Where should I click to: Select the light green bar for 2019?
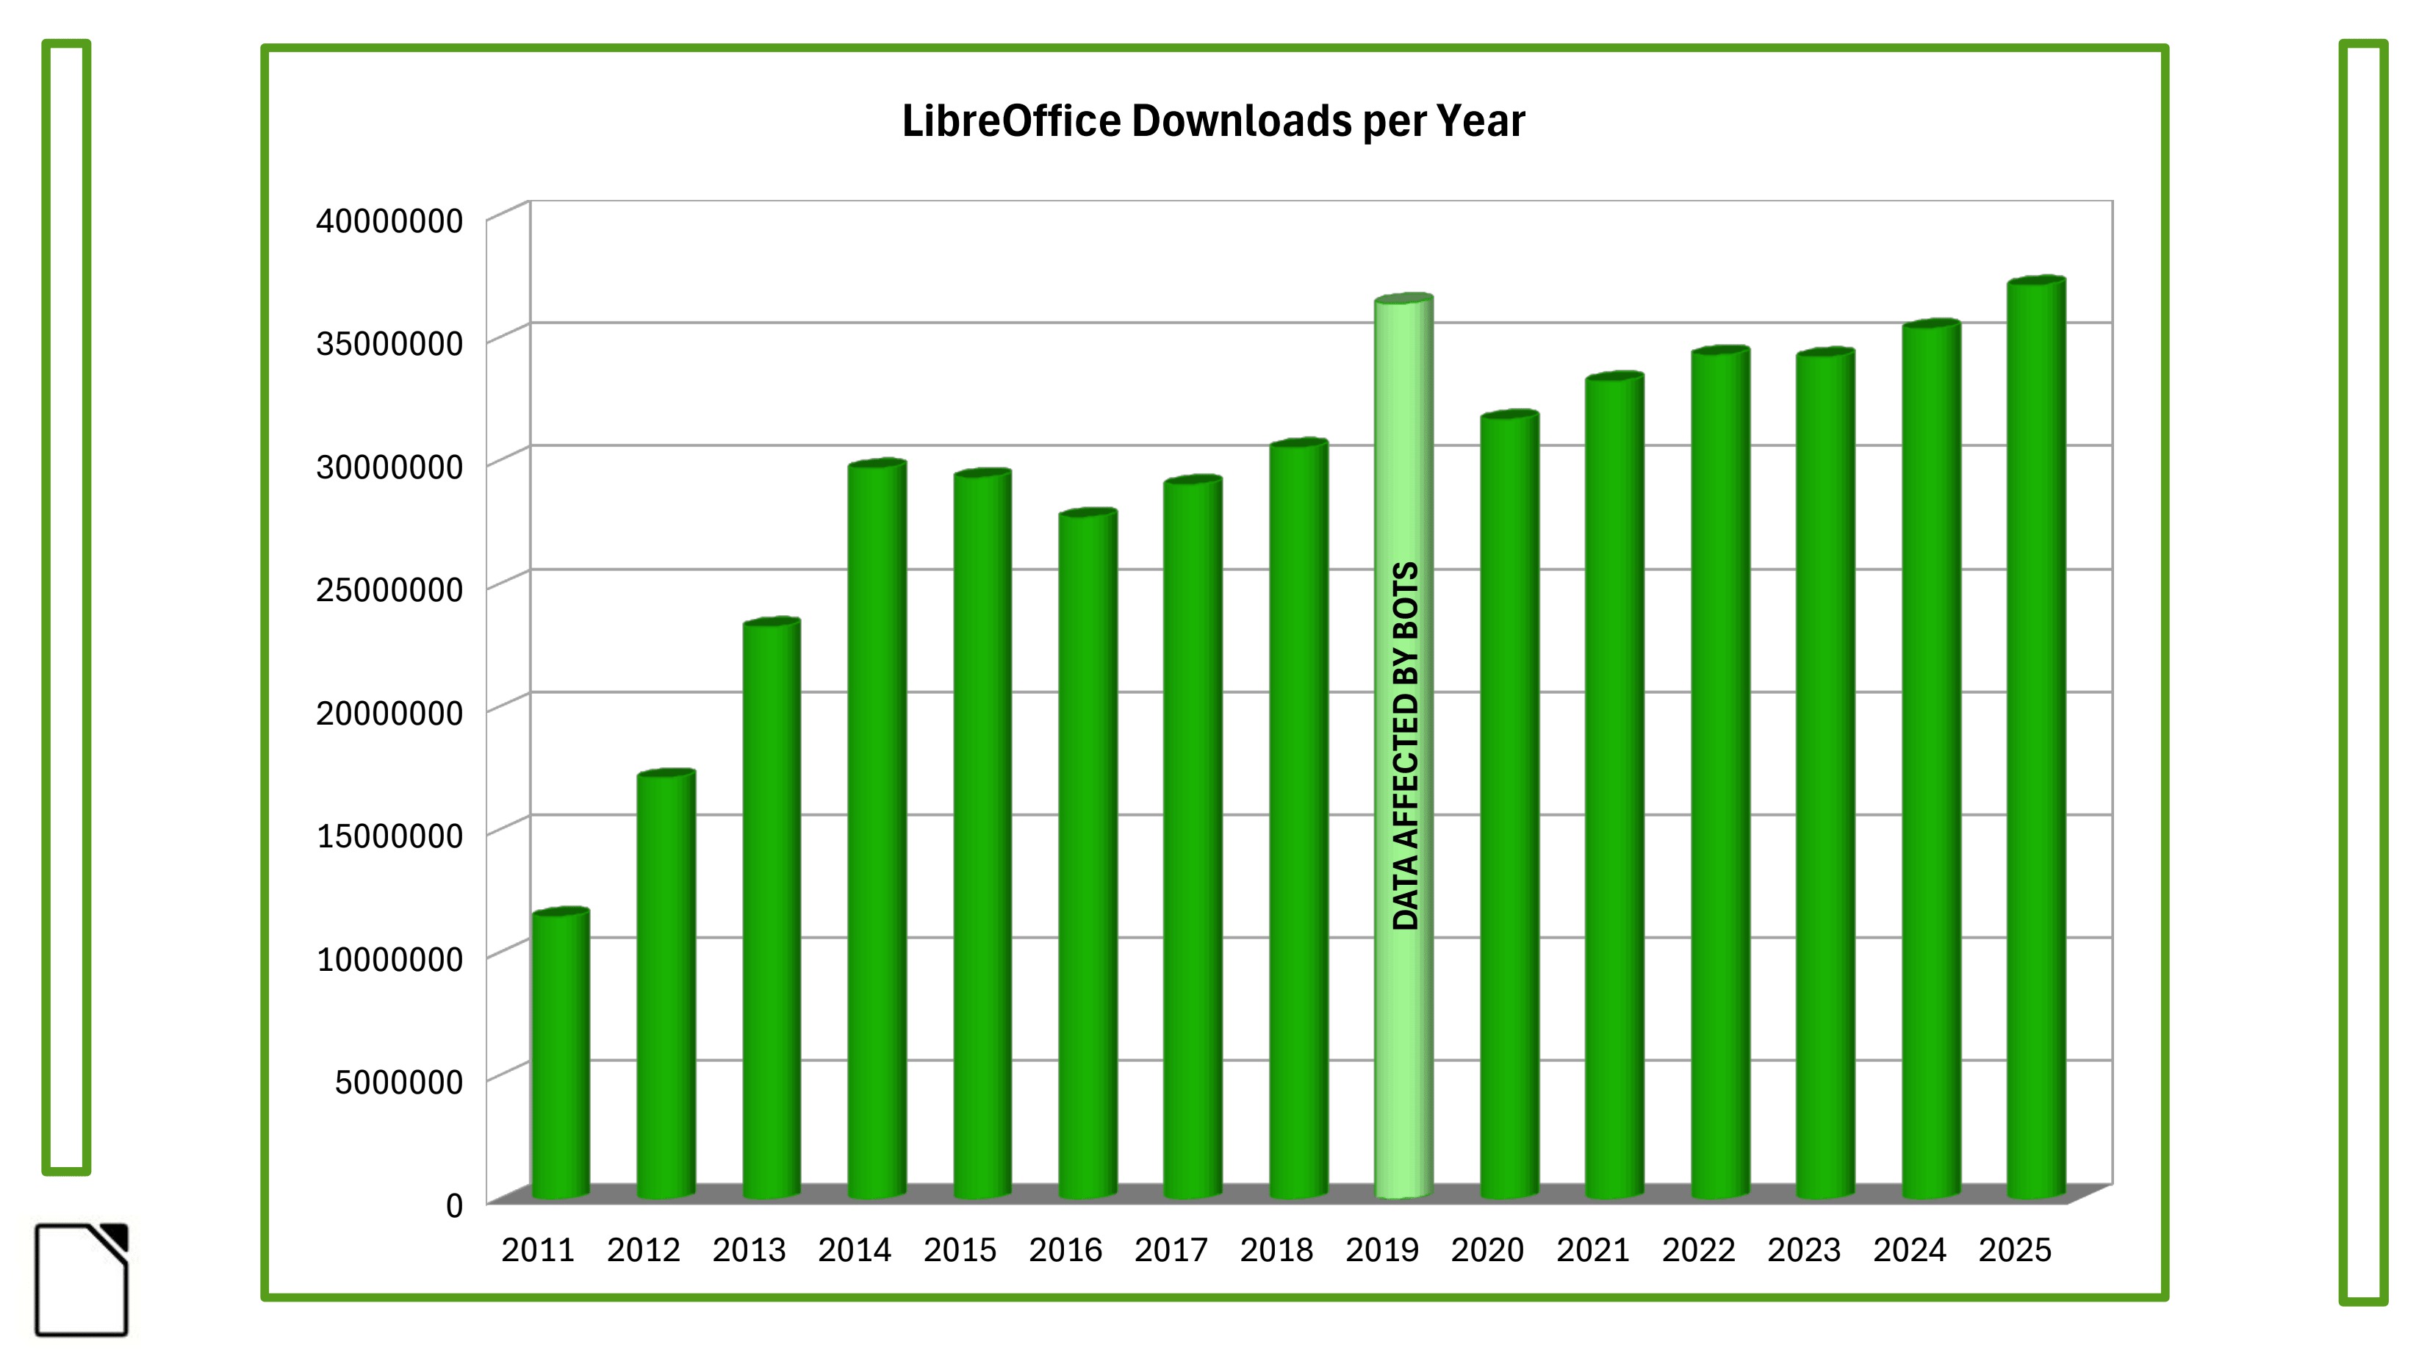click(1403, 1038)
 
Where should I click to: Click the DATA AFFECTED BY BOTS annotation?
click(1406, 745)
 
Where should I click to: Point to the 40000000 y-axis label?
click(389, 222)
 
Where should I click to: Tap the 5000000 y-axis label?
click(398, 1082)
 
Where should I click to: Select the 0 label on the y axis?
click(453, 1205)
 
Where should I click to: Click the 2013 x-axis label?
click(749, 1250)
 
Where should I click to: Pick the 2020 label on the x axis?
click(1488, 1250)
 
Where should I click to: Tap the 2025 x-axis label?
click(2015, 1250)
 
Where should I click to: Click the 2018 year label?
click(1276, 1250)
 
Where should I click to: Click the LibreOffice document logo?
click(81, 1280)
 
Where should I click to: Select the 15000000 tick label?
click(389, 836)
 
